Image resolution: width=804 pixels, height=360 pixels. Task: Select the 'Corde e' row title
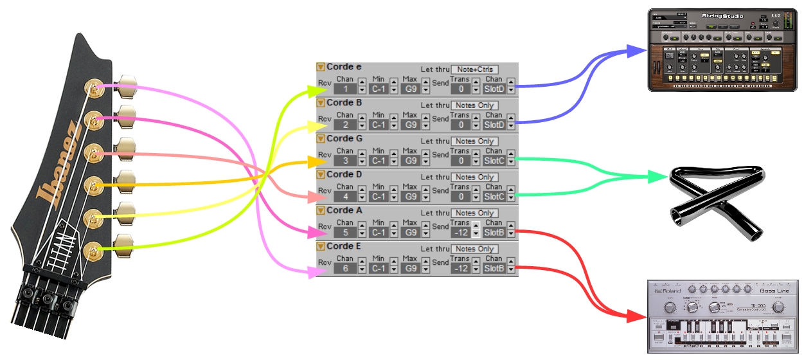coord(344,67)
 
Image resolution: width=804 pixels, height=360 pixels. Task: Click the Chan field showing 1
coord(345,89)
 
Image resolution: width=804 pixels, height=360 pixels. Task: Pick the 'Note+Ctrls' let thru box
coord(474,69)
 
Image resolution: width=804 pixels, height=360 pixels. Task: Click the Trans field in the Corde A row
coord(459,232)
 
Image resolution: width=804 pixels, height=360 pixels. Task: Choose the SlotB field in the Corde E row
coord(494,268)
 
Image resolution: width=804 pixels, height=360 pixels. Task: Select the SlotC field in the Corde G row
coord(494,160)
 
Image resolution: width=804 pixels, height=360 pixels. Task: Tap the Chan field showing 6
coord(345,268)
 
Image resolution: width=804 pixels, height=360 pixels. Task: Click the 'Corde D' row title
coord(344,174)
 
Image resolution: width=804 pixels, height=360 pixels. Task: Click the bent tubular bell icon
coord(717,202)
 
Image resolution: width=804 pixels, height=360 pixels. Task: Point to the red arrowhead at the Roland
coord(637,317)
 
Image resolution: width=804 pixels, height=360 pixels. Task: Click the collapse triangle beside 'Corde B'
coord(321,103)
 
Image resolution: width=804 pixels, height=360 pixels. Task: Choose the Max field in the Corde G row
coord(409,160)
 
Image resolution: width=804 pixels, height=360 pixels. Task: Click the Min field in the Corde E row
coord(379,268)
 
